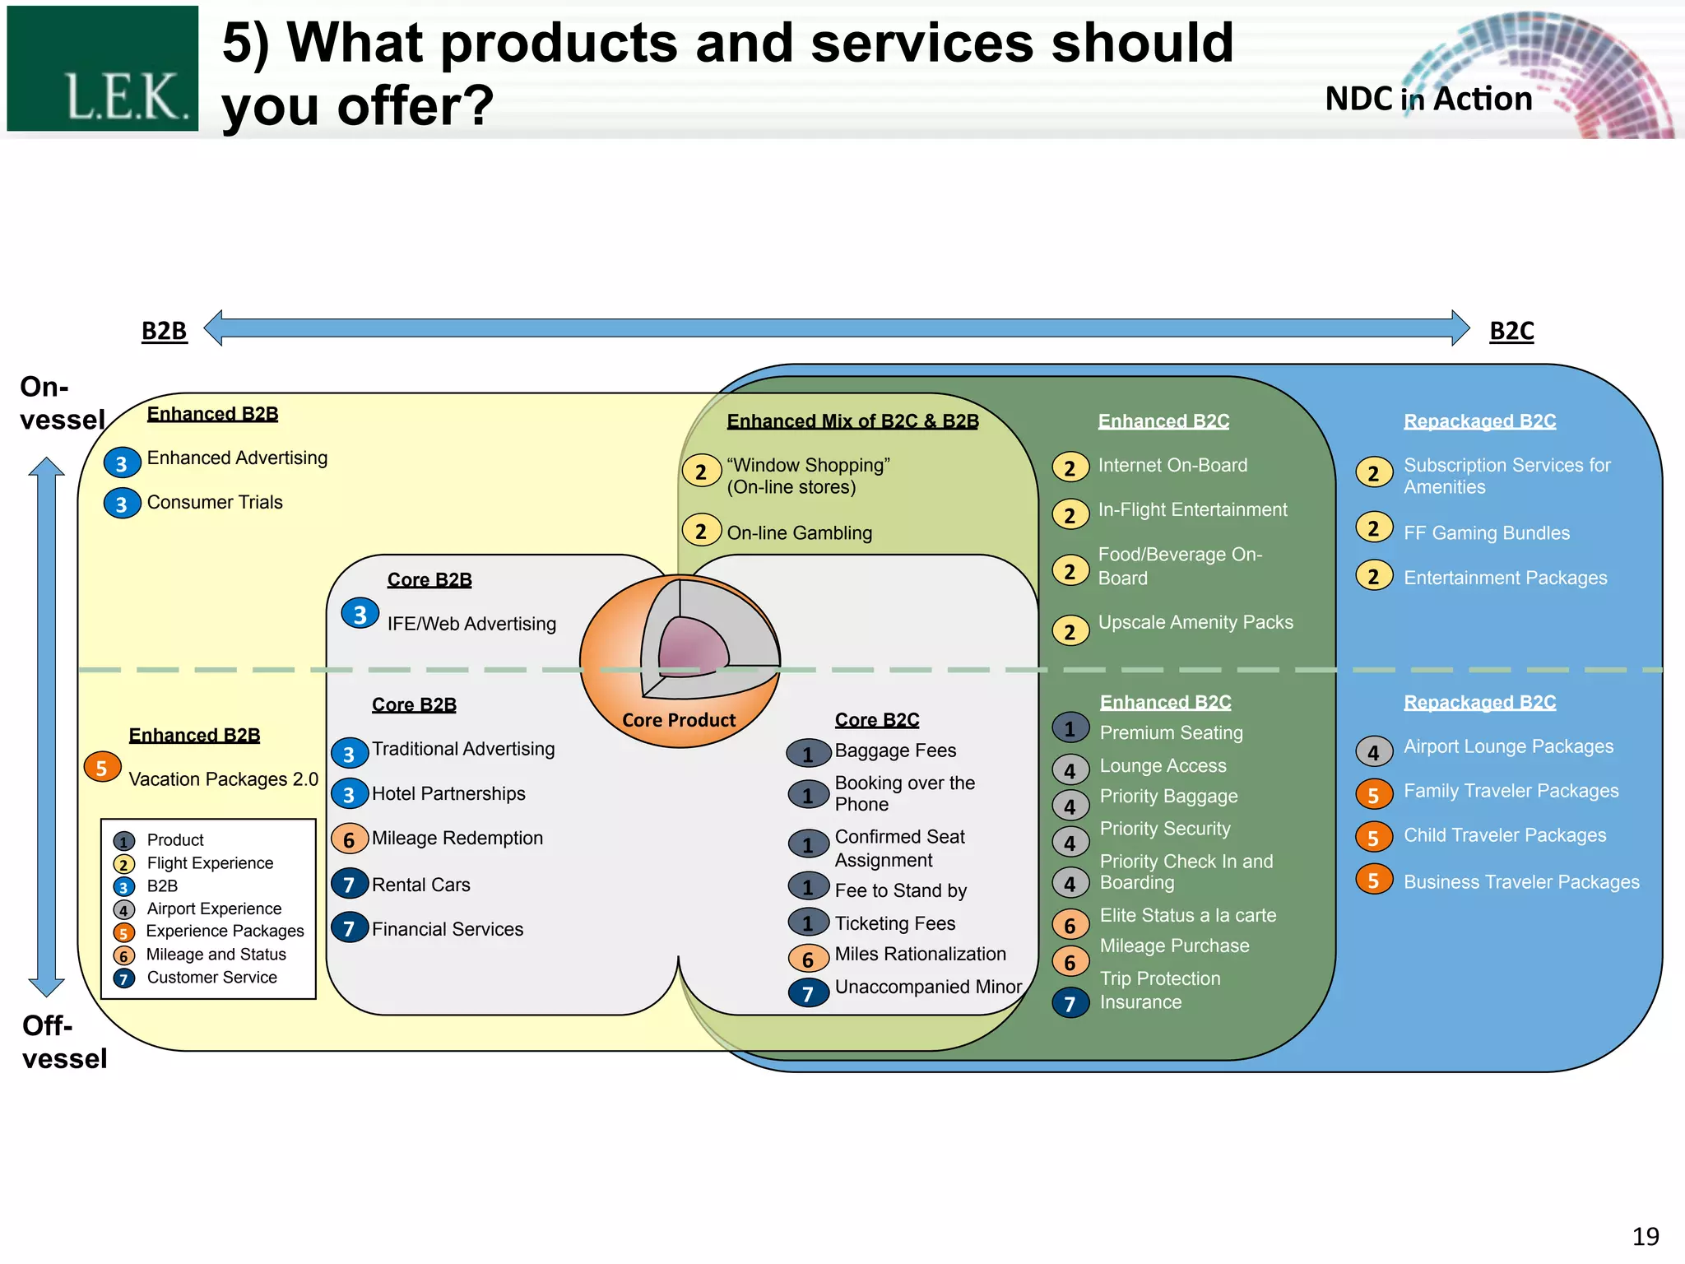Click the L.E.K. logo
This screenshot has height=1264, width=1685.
click(x=102, y=69)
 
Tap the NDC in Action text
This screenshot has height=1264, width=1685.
click(x=1428, y=100)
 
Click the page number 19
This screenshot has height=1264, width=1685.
click(x=1646, y=1236)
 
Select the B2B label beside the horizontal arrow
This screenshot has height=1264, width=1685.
click(x=164, y=331)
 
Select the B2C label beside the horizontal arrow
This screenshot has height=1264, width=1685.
click(x=1511, y=331)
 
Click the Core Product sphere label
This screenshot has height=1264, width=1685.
click(x=679, y=720)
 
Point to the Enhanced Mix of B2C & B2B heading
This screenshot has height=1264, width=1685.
click(x=852, y=421)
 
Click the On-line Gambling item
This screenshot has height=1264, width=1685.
click(x=799, y=533)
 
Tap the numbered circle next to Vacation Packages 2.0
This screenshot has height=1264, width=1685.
click(x=102, y=767)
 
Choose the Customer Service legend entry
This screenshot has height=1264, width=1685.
click(x=211, y=978)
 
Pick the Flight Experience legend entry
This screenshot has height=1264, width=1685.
click(x=210, y=863)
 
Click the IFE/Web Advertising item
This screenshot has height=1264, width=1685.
click(x=471, y=624)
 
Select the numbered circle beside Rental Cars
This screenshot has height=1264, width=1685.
click(x=349, y=884)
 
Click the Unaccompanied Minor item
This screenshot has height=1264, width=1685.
click(x=927, y=987)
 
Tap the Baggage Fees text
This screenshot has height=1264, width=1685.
click(x=895, y=750)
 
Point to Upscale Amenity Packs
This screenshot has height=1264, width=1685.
click(x=1195, y=623)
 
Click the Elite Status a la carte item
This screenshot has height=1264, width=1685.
click(x=1187, y=915)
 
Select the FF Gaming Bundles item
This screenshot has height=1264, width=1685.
click(x=1486, y=533)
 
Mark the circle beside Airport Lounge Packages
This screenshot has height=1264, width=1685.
click(x=1373, y=751)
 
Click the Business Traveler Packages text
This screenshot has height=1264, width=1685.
click(x=1520, y=882)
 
